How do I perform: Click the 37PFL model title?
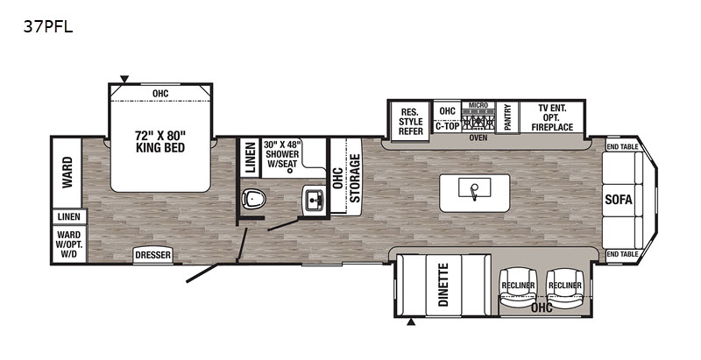pos(48,27)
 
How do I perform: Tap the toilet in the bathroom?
pos(253,198)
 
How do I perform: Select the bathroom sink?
pos(315,200)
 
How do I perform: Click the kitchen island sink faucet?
pos(473,191)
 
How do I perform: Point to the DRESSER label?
pos(153,255)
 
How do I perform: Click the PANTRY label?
pos(507,117)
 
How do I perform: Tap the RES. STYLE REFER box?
pos(410,121)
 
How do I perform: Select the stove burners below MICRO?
pos(478,121)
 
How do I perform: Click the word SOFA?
pos(619,200)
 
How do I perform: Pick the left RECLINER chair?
pos(518,286)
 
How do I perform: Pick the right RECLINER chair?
pos(564,286)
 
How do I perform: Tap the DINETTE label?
pos(443,285)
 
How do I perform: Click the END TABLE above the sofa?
pos(622,146)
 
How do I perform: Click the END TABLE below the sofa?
pos(622,254)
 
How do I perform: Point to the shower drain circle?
pos(290,170)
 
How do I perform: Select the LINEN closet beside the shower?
pos(251,158)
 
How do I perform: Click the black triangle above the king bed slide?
pos(124,79)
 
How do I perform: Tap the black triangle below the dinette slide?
pos(411,321)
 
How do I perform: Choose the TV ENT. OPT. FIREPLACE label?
pos(552,117)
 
